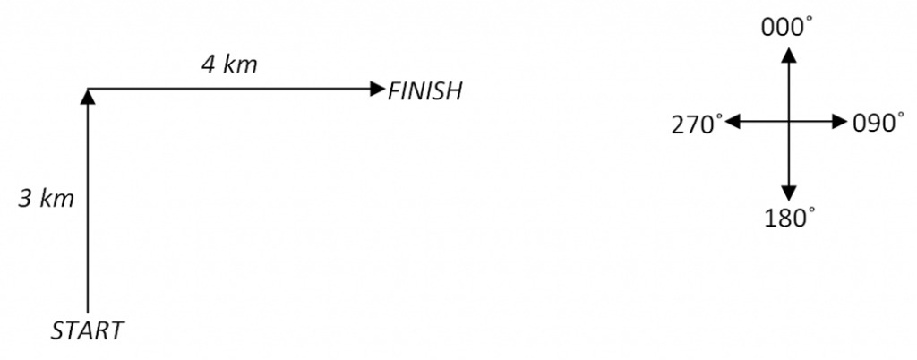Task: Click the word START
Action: point(87,331)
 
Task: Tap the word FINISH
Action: point(424,91)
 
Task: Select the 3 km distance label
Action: point(47,199)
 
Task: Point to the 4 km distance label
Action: point(229,65)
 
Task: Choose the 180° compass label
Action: point(788,217)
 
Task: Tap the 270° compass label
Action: point(697,124)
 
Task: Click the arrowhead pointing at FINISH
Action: point(377,89)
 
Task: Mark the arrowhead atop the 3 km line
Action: point(87,96)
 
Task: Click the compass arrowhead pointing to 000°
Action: point(788,55)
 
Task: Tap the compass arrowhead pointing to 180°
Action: point(788,192)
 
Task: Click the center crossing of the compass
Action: point(788,122)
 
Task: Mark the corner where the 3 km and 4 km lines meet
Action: point(87,89)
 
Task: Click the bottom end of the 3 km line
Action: point(87,310)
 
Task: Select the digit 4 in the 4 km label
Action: point(207,65)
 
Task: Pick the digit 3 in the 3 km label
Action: point(26,199)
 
